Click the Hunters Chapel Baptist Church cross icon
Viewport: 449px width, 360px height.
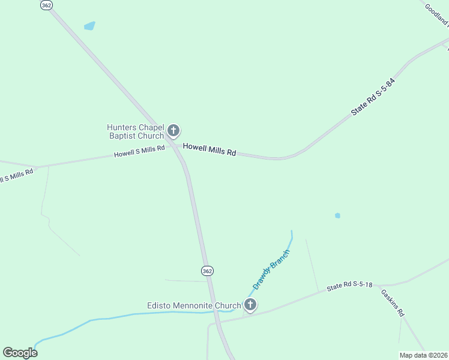(173, 130)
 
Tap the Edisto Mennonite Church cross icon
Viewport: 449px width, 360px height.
(250, 305)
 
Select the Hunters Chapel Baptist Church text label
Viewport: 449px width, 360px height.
(135, 131)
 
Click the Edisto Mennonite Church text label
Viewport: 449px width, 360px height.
(194, 305)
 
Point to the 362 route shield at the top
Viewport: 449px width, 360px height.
(46, 4)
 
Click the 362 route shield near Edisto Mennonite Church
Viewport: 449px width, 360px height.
(207, 271)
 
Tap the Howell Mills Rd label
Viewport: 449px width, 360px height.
(209, 149)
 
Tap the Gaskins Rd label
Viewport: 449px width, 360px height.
(393, 303)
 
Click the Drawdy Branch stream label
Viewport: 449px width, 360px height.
(271, 269)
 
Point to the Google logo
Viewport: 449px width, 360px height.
(20, 352)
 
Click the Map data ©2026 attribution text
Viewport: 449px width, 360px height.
(423, 355)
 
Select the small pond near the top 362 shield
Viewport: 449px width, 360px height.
(89, 26)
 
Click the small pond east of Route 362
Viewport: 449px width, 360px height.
(337, 215)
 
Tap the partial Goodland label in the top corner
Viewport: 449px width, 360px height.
(436, 15)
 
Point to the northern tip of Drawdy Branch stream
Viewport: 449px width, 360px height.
(292, 232)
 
